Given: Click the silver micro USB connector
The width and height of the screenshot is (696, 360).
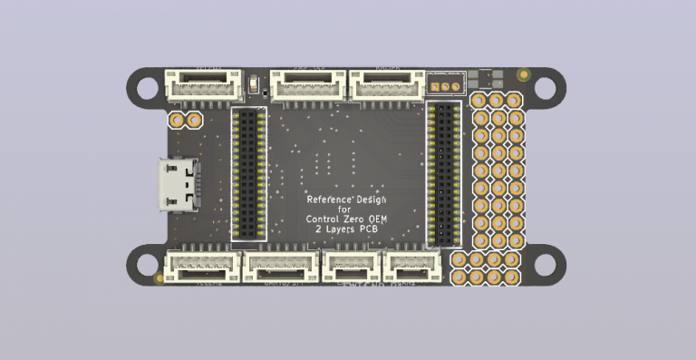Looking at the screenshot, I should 178,185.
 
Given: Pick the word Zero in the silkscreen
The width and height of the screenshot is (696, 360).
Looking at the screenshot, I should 357,219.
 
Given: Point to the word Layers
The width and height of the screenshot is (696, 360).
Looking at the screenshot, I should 340,230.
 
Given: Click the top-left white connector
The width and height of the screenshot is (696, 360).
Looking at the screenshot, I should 202,86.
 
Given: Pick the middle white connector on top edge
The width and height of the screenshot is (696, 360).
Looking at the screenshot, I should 307,86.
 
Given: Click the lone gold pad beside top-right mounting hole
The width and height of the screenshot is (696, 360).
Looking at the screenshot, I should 522,74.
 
